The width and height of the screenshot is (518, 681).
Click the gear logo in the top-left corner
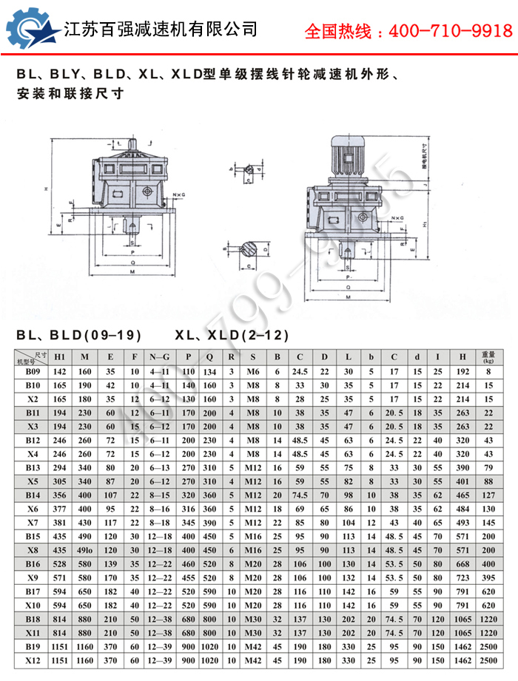(32, 30)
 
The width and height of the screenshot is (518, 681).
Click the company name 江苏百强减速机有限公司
(161, 30)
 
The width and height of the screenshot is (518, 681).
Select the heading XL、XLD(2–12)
(232, 335)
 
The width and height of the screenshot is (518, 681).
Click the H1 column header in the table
(60, 358)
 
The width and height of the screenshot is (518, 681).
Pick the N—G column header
(160, 358)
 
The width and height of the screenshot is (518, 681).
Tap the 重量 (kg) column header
(488, 358)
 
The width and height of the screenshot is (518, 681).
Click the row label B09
(33, 372)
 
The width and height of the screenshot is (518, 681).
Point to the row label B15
(33, 536)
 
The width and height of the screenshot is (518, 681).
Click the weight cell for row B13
(488, 467)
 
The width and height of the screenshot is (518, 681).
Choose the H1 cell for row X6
(60, 509)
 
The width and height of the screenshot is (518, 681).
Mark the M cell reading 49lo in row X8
(85, 550)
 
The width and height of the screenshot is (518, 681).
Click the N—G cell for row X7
(160, 523)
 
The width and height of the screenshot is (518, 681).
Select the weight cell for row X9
(488, 577)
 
